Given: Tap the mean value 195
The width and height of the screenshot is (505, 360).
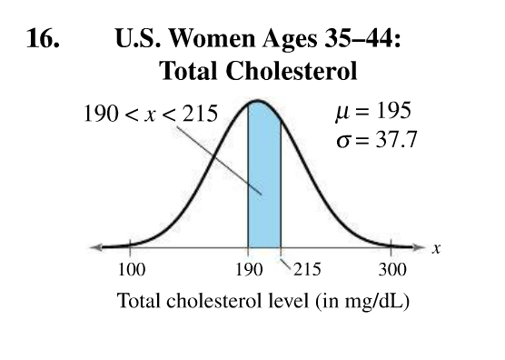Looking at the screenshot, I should point(393,111).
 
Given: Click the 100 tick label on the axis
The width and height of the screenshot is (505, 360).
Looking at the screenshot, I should point(132,270).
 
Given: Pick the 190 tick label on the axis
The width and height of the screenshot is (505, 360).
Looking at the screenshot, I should point(248,270).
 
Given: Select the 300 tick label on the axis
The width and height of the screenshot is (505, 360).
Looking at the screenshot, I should point(392,270).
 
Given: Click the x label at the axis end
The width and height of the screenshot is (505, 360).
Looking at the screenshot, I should point(436,248).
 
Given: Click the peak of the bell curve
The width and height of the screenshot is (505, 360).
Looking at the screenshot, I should point(258,101).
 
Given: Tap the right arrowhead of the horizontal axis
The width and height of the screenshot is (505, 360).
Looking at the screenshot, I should point(420,246).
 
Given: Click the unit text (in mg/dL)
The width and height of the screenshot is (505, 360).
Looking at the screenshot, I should point(362,301).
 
